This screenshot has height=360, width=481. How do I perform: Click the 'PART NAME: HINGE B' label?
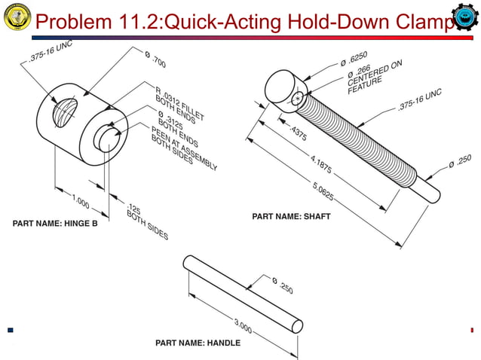pyautogui.click(x=54, y=223)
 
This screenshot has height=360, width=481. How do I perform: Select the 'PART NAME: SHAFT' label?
pyautogui.click(x=291, y=217)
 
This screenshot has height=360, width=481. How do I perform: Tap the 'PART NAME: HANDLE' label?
pyautogui.click(x=198, y=343)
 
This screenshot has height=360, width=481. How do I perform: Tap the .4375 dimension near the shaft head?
pyautogui.click(x=299, y=133)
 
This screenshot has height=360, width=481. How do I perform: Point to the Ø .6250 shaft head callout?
pyautogui.click(x=354, y=59)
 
